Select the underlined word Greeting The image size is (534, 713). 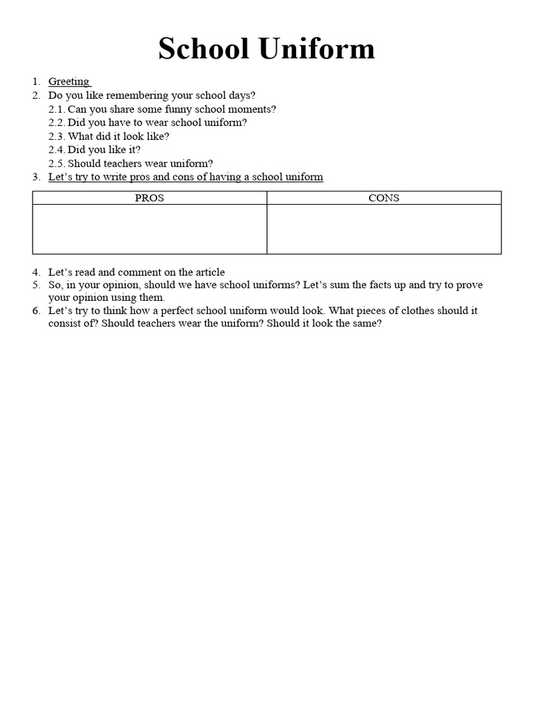(68, 81)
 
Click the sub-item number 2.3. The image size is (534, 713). (56, 136)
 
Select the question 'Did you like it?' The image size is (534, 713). (104, 150)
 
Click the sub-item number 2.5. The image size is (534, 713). (56, 163)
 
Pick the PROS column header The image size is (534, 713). (149, 198)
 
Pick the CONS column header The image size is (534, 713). (384, 198)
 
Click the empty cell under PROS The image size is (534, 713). (149, 229)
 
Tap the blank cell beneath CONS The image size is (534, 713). (384, 229)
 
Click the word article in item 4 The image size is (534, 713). (208, 272)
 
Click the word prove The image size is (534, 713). (469, 285)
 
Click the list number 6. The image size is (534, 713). (36, 311)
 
